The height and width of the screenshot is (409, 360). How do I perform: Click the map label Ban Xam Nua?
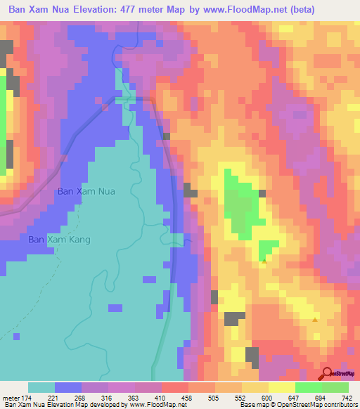(85, 190)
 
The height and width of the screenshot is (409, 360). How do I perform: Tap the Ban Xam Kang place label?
(60, 240)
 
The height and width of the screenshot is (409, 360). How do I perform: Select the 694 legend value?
(322, 397)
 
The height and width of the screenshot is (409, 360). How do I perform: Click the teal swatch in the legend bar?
(41, 387)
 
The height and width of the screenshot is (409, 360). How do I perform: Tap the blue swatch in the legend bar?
(68, 387)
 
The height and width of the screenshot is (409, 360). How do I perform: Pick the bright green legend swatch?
(308, 387)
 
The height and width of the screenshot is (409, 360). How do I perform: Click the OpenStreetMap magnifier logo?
(328, 373)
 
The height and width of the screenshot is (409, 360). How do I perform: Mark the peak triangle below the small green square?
(264, 261)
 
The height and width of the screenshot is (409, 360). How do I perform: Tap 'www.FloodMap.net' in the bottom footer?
(150, 405)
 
